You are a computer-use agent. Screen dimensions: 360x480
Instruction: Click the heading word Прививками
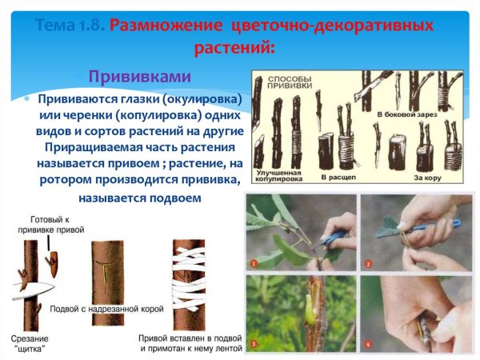(139, 77)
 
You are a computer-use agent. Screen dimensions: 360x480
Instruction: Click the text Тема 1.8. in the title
(70, 26)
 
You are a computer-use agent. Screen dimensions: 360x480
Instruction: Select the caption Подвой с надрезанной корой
(105, 309)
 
